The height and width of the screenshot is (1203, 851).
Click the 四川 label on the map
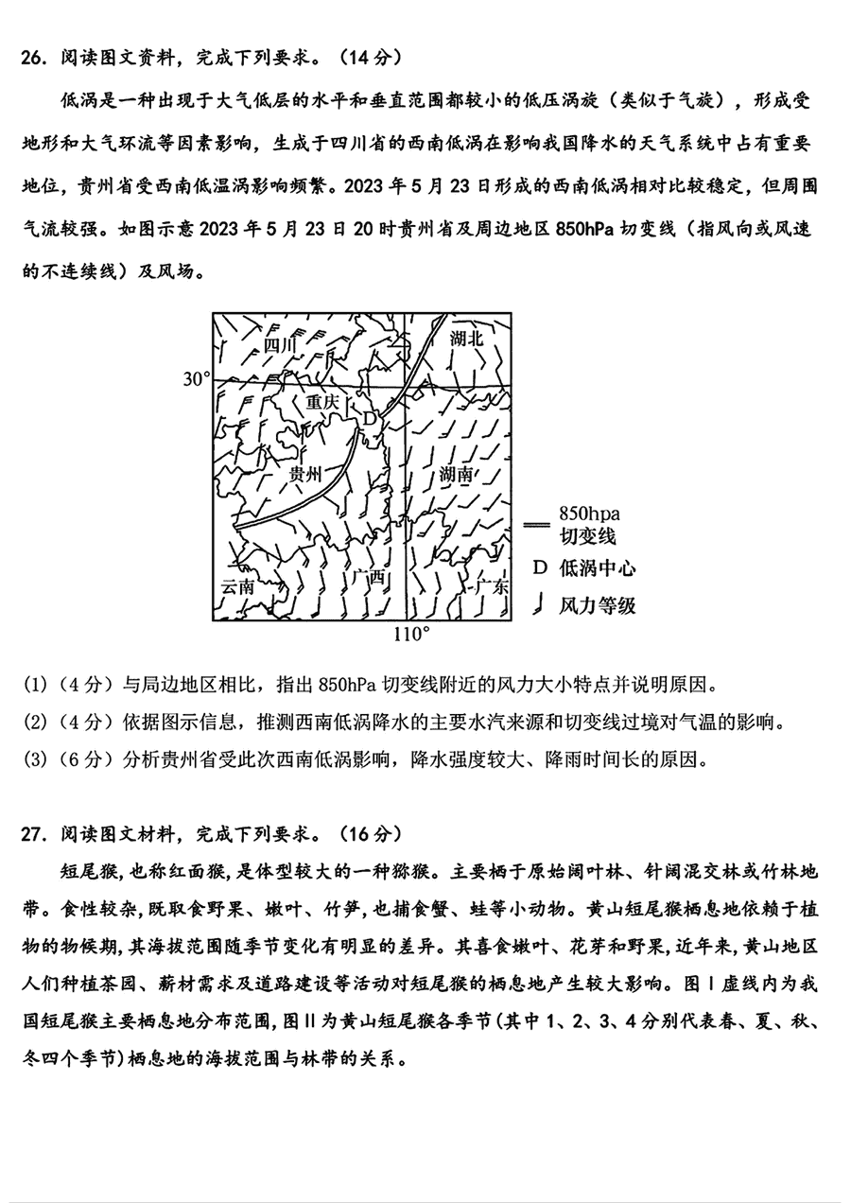281,344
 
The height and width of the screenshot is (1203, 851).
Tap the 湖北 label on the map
466,338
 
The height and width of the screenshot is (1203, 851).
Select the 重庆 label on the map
322,401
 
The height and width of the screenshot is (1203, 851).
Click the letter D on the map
371,417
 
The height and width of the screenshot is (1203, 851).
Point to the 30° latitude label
195,379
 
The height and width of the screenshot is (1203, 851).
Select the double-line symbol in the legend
535,523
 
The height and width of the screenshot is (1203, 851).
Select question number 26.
33,58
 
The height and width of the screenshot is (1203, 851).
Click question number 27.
33,833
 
